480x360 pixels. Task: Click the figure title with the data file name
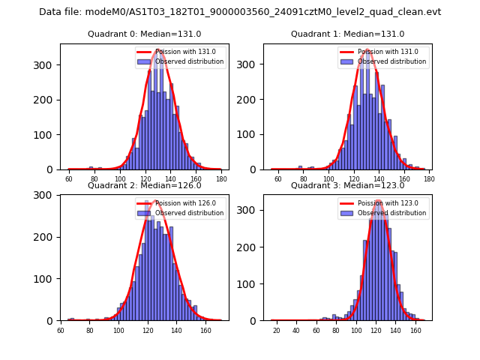240,12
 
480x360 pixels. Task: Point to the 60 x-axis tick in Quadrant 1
277,179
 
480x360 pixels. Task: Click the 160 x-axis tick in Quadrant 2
205,330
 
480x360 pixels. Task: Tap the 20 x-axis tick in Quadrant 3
276,330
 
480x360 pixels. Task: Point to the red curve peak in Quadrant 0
159,50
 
